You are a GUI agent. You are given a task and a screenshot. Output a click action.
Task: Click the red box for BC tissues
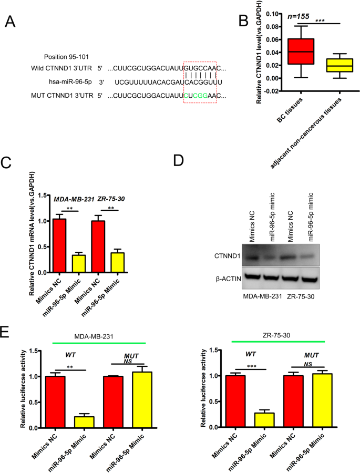pos(300,52)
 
